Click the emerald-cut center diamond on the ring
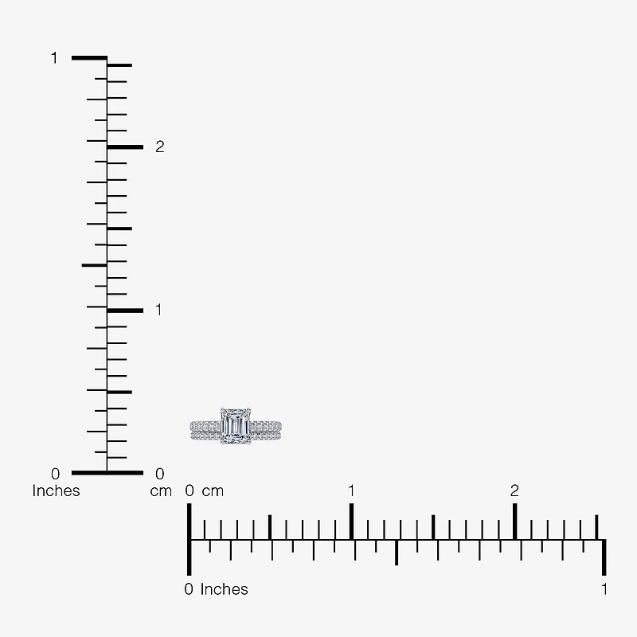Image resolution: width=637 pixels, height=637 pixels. click(x=235, y=426)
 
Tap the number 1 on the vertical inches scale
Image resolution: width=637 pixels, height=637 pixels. click(x=54, y=58)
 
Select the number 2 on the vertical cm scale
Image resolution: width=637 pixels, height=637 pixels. click(x=160, y=147)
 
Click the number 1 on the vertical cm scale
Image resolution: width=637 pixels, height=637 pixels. click(x=158, y=310)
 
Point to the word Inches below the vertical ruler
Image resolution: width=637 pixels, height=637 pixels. click(x=56, y=490)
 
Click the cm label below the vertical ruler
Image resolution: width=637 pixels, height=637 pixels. click(x=161, y=491)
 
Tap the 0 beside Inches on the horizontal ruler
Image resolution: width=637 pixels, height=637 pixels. click(x=189, y=589)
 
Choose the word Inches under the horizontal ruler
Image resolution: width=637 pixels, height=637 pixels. click(x=224, y=589)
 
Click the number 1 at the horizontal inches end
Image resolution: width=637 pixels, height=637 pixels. click(x=604, y=589)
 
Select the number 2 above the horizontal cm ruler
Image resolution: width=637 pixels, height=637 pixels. click(x=514, y=490)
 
